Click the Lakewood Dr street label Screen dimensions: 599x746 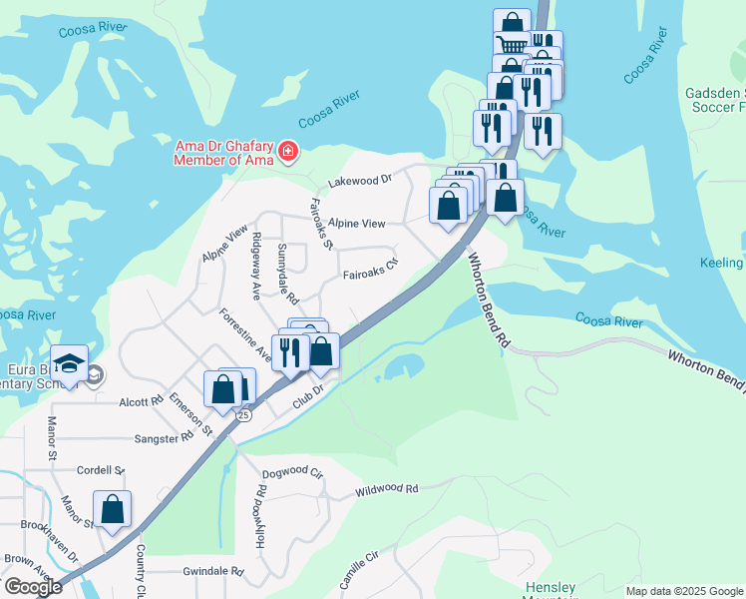tap(360, 182)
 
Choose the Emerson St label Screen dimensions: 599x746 tap(190, 413)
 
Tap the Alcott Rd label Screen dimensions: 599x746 tap(141, 402)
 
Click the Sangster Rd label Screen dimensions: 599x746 tap(164, 438)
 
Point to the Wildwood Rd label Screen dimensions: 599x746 tap(386, 489)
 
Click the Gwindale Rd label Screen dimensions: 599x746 tap(213, 572)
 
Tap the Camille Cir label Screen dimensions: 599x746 tap(361, 570)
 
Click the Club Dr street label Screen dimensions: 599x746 tap(308, 396)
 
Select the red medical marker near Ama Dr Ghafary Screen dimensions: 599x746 tap(288, 151)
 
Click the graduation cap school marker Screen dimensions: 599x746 tap(71, 362)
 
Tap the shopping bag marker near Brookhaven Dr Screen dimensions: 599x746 tap(113, 509)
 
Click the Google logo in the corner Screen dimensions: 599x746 tap(32, 587)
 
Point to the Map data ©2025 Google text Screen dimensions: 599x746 tap(683, 591)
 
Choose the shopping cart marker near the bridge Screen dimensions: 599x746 tap(512, 45)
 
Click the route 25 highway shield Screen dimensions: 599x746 tap(243, 413)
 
